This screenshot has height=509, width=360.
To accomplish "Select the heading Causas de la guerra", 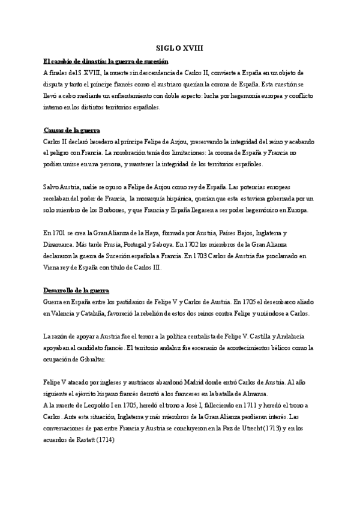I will click(72, 130).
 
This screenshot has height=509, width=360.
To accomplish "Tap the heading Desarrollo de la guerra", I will click(76, 291).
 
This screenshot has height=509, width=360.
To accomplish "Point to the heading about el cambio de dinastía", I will click(106, 62).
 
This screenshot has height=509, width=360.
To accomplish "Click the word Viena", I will click(54, 267).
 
